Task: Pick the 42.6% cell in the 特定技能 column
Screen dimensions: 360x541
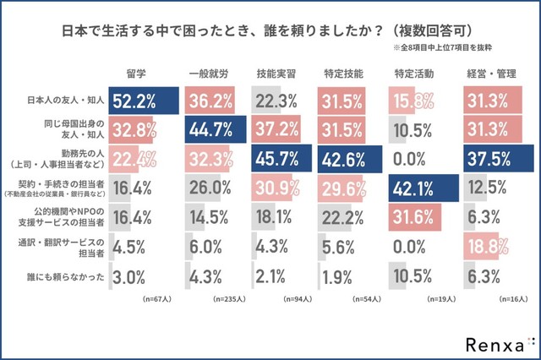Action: coord(343,158)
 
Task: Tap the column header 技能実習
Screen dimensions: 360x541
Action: coord(276,74)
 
